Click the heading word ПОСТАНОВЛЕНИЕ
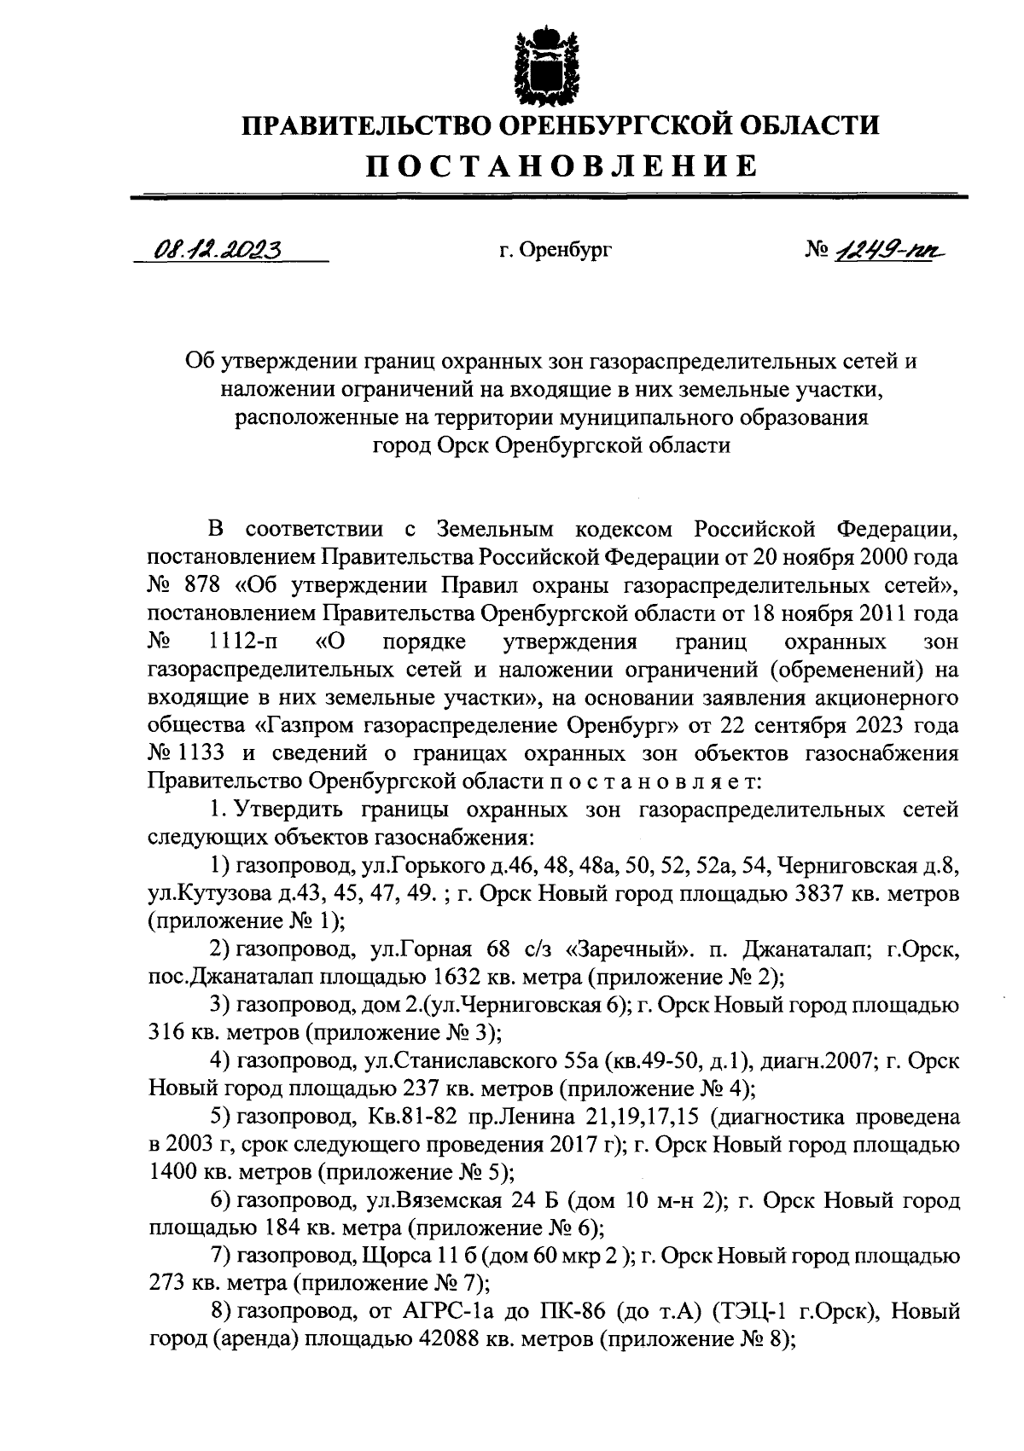click(561, 165)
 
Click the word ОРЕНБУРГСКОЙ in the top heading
click(612, 125)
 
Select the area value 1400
click(173, 1173)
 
